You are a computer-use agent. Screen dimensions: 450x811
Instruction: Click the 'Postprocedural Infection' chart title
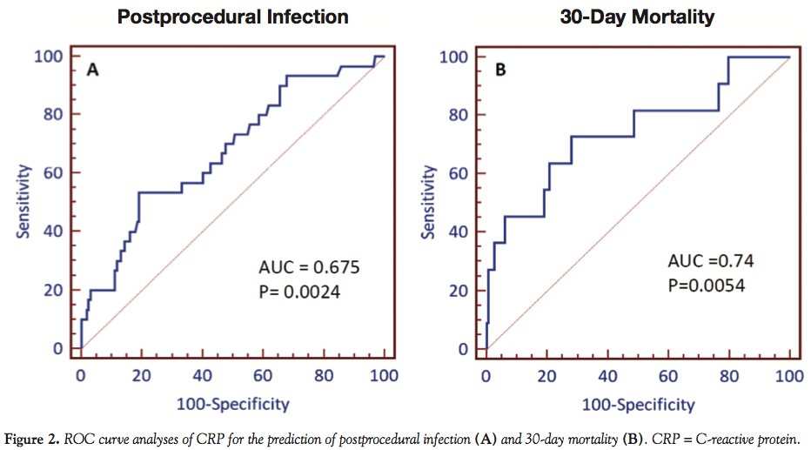tap(232, 17)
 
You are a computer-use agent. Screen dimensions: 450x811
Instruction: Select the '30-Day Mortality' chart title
tap(638, 17)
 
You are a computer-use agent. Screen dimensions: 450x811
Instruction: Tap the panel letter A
tap(92, 69)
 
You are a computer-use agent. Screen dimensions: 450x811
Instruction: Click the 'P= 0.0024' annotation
tap(299, 292)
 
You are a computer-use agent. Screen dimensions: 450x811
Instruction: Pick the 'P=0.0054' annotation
tap(706, 285)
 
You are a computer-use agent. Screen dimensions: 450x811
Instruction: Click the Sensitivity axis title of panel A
tap(24, 201)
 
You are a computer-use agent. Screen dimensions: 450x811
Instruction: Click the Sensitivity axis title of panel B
tap(428, 201)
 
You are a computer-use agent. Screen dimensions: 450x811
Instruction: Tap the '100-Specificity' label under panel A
tap(232, 404)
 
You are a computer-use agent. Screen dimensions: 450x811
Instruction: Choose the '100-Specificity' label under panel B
tap(638, 404)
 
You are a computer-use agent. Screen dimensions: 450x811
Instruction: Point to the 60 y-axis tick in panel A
tap(53, 173)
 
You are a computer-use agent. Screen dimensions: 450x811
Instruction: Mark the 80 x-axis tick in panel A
tap(324, 376)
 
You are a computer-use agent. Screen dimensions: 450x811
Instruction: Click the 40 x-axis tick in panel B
tap(607, 376)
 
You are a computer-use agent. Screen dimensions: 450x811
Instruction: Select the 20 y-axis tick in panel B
tap(459, 291)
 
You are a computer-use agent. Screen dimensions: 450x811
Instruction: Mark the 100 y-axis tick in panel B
tap(455, 57)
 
